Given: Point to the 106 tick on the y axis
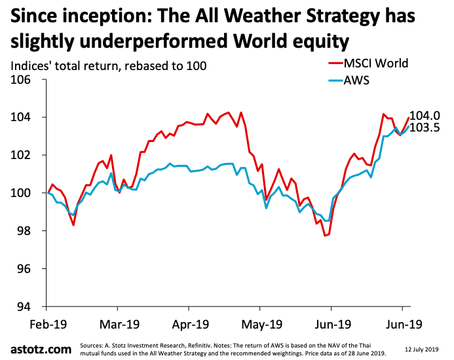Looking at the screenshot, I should (24, 80).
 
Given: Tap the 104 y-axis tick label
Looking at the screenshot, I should (24, 118).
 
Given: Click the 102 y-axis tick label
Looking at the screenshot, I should (24, 156).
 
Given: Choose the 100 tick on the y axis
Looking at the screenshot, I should (24, 194).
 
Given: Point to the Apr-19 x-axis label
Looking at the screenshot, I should (189, 323).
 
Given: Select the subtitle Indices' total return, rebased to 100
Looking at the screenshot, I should (108, 65).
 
